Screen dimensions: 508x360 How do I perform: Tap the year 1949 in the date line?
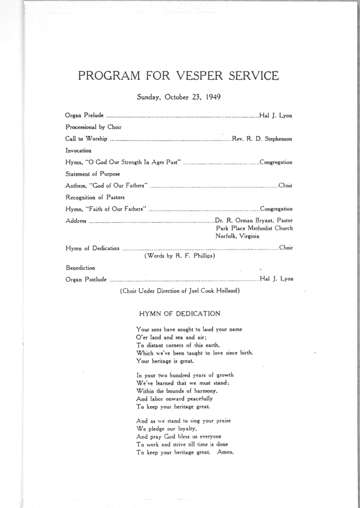[x=213, y=97]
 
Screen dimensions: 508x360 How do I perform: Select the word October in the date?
[x=176, y=97]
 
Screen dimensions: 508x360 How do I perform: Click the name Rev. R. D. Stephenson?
[x=262, y=139]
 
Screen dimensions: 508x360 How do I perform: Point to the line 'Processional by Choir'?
[x=93, y=127]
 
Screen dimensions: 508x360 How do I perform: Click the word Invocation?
[x=78, y=151]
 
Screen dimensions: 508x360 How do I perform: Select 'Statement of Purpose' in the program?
[x=93, y=174]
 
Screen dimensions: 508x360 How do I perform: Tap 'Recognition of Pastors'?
[x=95, y=197]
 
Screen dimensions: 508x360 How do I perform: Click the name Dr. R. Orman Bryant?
[x=241, y=220]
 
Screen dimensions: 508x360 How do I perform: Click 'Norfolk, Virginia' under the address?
[x=237, y=236]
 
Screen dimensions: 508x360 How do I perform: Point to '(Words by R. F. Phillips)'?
[x=180, y=256]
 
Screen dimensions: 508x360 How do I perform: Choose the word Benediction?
[x=81, y=268]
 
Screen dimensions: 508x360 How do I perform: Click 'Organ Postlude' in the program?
[x=86, y=279]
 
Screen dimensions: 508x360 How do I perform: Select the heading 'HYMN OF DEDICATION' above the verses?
[x=179, y=314]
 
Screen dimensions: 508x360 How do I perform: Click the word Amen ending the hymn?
[x=225, y=452]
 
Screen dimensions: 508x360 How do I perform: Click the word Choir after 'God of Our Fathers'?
[x=285, y=185]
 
